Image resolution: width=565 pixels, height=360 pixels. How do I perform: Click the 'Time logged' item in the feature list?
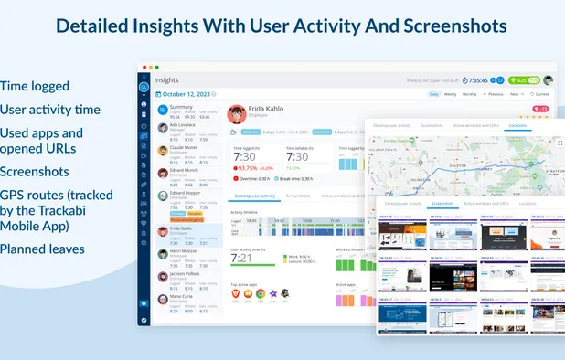(x=36, y=86)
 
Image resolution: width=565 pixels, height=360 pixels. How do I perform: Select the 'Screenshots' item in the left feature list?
(x=35, y=171)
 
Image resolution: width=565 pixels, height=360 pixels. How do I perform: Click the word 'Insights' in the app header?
(x=166, y=80)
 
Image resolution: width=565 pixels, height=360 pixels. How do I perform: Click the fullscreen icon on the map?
(x=560, y=143)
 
